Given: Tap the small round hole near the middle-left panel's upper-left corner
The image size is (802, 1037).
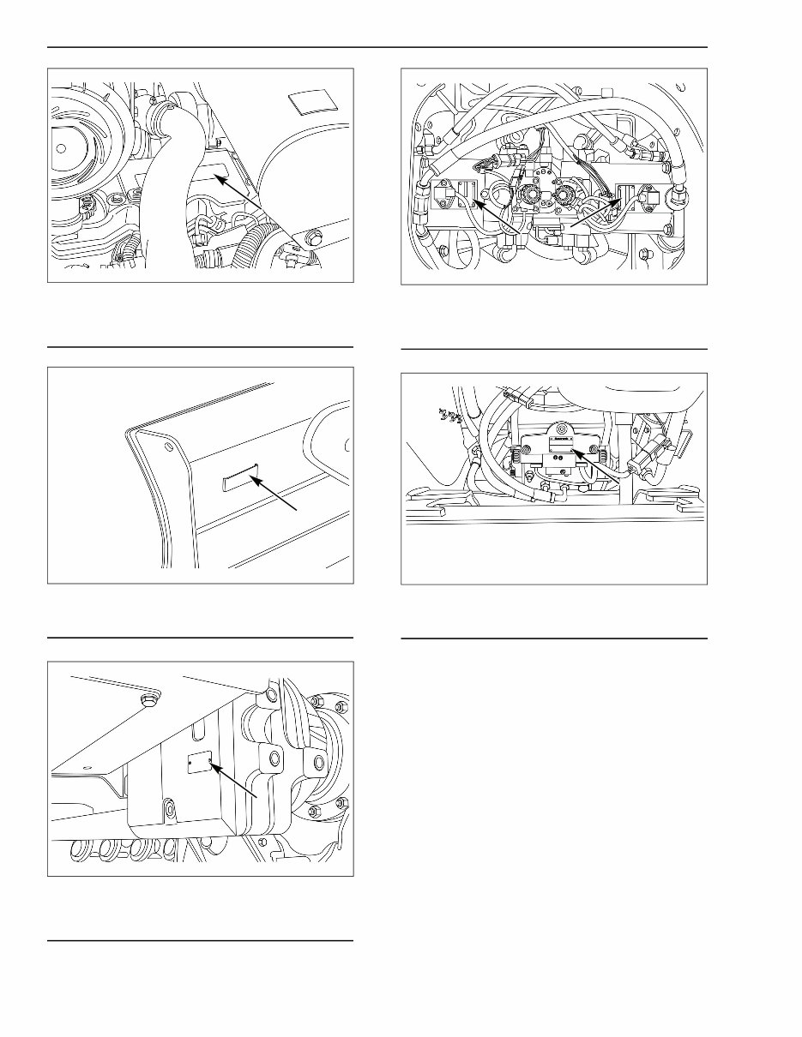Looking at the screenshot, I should pyautogui.click(x=169, y=445).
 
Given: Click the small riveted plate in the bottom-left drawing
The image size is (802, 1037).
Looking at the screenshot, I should pyautogui.click(x=199, y=764).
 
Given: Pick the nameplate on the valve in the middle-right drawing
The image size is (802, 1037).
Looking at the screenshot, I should pyautogui.click(x=563, y=440).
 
